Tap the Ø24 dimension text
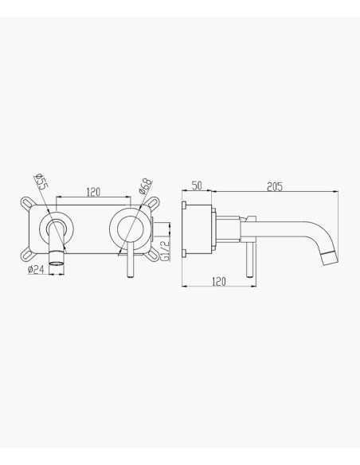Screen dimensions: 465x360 coord(35,270)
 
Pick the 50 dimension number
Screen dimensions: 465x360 coord(198,186)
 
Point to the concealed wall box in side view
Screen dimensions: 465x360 coord(198,232)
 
